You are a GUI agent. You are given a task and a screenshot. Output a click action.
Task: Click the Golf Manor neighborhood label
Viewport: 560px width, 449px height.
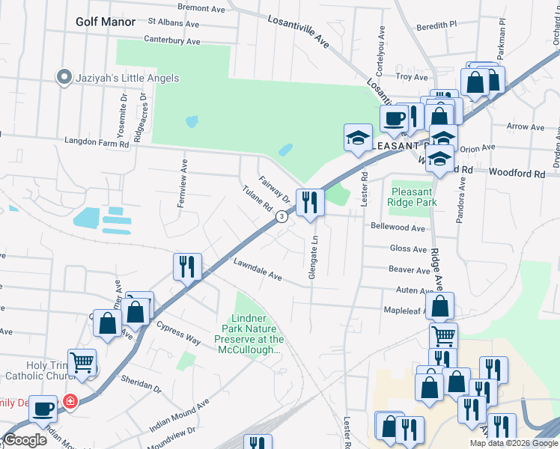coord(106,22)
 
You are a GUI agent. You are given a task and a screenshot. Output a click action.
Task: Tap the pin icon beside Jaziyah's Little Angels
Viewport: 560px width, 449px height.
coord(64,77)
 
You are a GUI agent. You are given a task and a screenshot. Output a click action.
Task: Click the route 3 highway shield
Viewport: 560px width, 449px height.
coord(281,216)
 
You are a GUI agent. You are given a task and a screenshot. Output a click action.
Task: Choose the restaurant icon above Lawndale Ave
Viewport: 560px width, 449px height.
coord(186,266)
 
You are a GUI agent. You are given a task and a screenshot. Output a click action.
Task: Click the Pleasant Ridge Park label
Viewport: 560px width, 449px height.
coord(413,197)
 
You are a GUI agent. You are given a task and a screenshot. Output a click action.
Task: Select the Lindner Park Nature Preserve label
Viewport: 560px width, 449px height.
coord(252,334)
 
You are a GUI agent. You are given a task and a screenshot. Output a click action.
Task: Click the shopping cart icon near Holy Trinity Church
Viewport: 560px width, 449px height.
coord(82,363)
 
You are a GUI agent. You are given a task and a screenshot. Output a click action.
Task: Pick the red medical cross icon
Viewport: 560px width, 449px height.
coord(70,401)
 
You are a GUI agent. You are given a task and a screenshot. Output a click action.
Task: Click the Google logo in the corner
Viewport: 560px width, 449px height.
coord(25,440)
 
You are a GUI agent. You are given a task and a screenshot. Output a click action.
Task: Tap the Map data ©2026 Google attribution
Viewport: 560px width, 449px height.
coord(514,443)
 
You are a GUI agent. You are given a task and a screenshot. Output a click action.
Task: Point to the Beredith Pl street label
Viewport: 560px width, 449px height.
coord(436,25)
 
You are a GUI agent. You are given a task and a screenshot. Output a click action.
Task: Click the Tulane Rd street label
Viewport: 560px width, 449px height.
coord(255,199)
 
